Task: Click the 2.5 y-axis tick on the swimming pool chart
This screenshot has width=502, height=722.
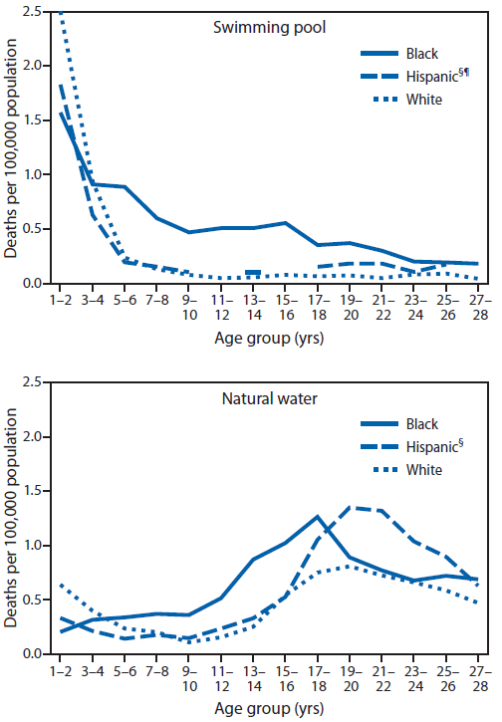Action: click(37, 11)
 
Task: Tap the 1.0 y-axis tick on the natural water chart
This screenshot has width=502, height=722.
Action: click(37, 546)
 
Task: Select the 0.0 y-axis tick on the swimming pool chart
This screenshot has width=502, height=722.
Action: click(37, 283)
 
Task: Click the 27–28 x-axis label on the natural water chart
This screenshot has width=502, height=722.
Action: click(479, 676)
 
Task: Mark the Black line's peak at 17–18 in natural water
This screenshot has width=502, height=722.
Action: click(317, 516)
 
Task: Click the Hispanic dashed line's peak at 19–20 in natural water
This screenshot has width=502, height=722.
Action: click(352, 507)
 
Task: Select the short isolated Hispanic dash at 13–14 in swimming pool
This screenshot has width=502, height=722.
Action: click(253, 272)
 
